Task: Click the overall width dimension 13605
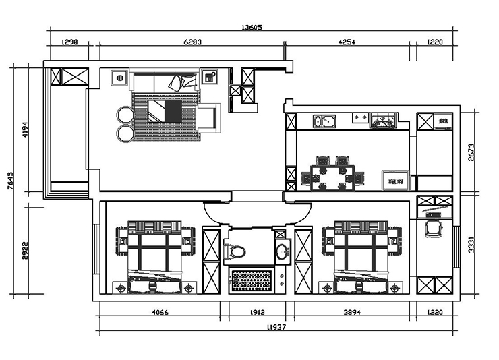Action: (x=251, y=28)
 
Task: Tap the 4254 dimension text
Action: (x=346, y=42)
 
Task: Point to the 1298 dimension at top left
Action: (x=70, y=42)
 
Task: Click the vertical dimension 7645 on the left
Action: (x=10, y=181)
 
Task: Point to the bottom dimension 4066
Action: (x=159, y=312)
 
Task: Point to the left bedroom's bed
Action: (x=156, y=256)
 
